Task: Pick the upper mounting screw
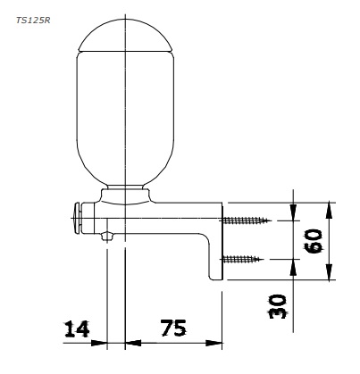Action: click(244, 220)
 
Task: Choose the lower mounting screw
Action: click(242, 259)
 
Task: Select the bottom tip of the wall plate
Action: click(216, 276)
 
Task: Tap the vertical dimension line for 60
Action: click(331, 240)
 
